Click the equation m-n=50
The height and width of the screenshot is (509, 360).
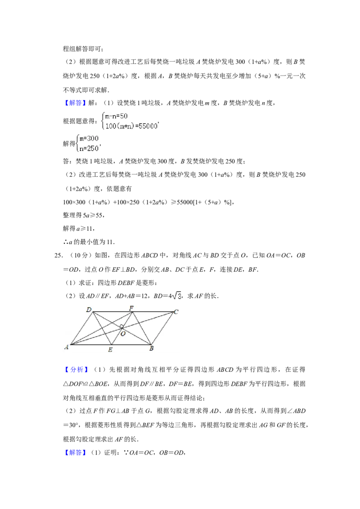coord(117,116)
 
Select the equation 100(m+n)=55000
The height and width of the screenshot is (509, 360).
coord(131,127)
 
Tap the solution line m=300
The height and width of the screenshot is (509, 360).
coord(89,138)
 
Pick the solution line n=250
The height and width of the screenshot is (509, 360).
coord(89,148)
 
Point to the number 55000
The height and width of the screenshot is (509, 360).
coord(148,127)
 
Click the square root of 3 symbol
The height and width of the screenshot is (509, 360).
coord(176,295)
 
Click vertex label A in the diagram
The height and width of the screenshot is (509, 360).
coord(67,347)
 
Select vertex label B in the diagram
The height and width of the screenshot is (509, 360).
coord(151,349)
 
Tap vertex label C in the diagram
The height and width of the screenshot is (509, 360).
coord(176,312)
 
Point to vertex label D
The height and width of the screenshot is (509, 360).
coord(89,310)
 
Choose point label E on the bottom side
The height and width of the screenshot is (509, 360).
coord(110,349)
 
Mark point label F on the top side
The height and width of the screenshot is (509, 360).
coord(131,308)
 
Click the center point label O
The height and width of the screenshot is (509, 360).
coord(123,334)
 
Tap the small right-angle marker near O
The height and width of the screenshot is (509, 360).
coord(121,326)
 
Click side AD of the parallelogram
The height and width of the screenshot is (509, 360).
coord(81,328)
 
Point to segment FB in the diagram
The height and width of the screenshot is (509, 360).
coord(141,328)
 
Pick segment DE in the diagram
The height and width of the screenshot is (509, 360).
coord(101,328)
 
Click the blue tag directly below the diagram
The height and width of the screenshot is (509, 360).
coord(76,370)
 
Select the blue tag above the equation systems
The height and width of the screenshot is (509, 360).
coord(75,103)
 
